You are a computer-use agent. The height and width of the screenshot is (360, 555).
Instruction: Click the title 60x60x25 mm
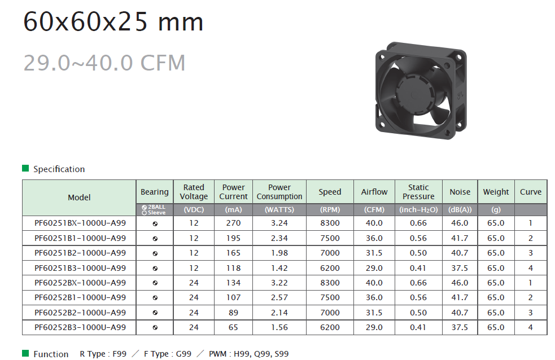(113, 21)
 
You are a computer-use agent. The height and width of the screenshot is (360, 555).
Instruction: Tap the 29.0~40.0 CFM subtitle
(104, 63)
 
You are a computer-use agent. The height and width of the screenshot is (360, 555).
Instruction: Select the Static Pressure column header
(418, 192)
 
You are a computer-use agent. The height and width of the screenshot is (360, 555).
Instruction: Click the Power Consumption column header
(279, 192)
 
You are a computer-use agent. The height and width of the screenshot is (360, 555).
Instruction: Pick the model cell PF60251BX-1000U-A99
(80, 223)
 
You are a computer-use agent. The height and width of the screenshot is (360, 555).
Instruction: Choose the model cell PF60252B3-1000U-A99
(80, 327)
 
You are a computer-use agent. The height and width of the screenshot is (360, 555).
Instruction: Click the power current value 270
(233, 223)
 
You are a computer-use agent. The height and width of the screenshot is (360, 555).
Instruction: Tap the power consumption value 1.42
(279, 268)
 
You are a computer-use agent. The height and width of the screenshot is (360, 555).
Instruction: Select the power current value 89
(233, 313)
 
